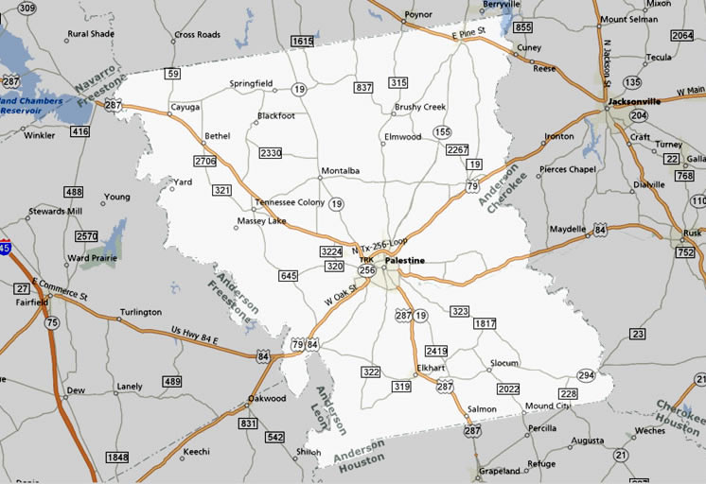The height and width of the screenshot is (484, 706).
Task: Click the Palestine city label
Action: coord(405,260)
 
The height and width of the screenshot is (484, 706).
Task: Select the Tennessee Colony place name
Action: coord(289,202)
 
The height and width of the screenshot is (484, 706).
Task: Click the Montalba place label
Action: coord(341,170)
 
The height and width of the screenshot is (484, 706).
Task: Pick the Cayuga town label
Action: coord(185,108)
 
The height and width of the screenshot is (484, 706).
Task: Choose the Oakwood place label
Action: coord(266,398)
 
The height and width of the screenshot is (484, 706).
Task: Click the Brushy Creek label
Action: coord(420,108)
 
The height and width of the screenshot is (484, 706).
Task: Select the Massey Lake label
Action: coord(260,221)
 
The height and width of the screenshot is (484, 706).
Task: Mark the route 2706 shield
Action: coord(205,162)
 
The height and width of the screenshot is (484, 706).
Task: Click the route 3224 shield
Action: coord(330,251)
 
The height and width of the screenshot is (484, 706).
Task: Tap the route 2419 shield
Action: coord(436,351)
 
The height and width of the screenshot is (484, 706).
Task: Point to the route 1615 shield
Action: coord(302,42)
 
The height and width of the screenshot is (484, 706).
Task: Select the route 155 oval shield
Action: coord(442,131)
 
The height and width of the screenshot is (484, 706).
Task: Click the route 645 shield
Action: coord(290,276)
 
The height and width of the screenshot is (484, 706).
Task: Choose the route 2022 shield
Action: coord(508,389)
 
